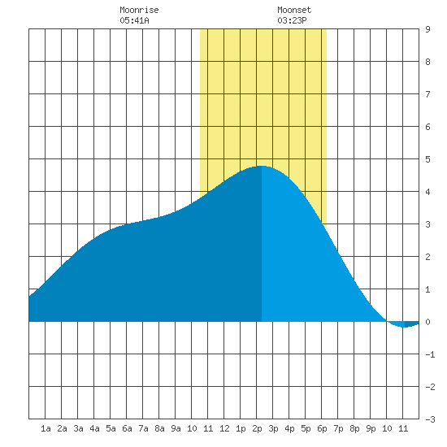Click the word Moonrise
139,10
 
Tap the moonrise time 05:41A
134,20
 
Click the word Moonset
294,10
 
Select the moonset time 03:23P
292,20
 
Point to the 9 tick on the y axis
427,29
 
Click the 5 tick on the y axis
427,159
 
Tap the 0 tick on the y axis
427,322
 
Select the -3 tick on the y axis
430,419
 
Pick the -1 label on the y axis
430,354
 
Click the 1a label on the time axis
46,428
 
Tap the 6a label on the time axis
127,428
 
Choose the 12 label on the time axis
224,428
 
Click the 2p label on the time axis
257,428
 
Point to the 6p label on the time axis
322,428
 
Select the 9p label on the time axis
371,428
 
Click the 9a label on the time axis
176,428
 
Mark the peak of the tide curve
262,166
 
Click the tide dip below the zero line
404,327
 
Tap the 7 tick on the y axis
427,94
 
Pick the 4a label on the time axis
94,428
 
